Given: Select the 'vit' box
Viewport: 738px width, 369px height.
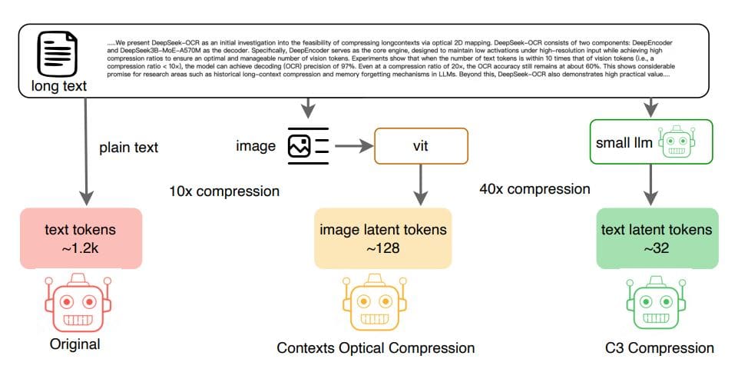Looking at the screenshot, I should (x=420, y=145).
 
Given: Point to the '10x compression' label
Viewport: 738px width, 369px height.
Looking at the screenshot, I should (x=223, y=190).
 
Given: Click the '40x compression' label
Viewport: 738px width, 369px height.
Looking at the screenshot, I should (x=535, y=188).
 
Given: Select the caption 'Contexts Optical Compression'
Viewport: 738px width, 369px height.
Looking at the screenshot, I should (x=376, y=348).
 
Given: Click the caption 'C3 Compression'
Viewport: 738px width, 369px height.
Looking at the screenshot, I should (x=657, y=348).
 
